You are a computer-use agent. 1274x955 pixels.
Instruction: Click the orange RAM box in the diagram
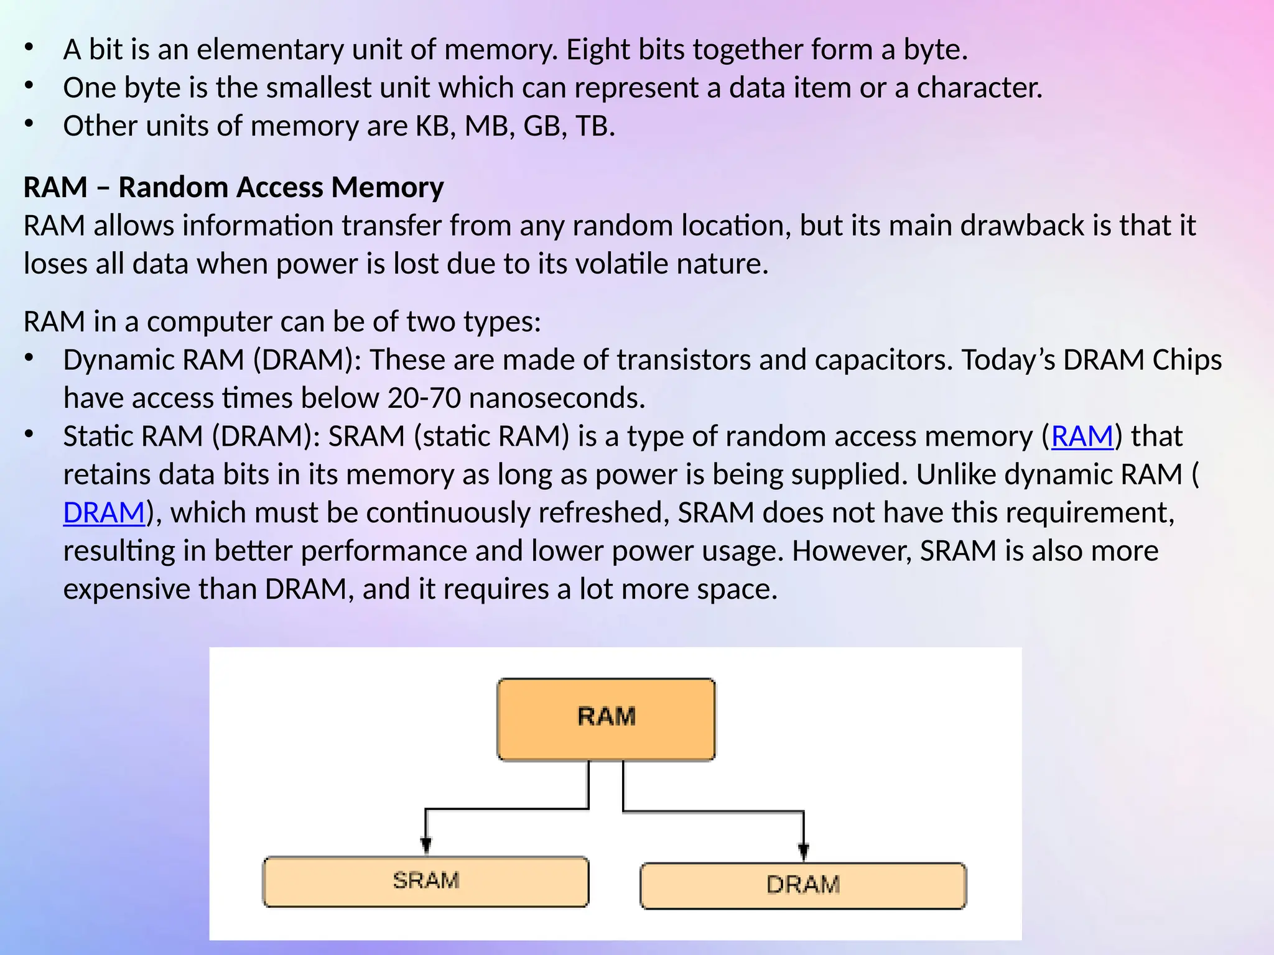[x=606, y=719]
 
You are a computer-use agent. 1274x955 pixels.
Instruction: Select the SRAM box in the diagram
[x=425, y=881]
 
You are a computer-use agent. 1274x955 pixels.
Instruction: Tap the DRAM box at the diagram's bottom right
[x=802, y=885]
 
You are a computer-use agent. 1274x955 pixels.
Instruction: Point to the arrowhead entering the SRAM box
[x=425, y=846]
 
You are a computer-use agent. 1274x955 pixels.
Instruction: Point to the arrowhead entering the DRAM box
[x=803, y=851]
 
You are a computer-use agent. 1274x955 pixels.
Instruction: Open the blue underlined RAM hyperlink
[x=1082, y=436]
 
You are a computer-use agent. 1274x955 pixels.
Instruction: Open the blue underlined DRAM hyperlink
[x=104, y=513]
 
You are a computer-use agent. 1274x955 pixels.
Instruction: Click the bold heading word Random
[x=167, y=187]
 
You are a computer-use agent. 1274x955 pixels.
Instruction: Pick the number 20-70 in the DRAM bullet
[x=424, y=399]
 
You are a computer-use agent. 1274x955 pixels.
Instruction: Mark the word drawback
[x=1022, y=226]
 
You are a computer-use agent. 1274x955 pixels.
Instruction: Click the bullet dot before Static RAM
[x=29, y=435]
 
